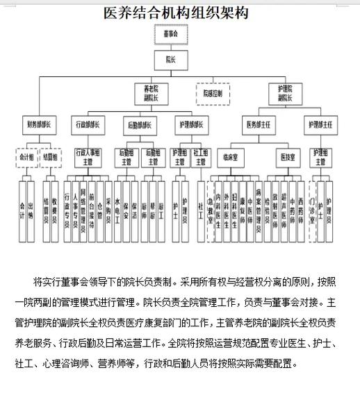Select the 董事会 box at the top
tap(170, 34)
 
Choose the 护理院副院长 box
tap(285, 93)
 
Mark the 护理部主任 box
tap(320, 126)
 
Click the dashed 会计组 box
tap(26, 158)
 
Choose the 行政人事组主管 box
tap(89, 158)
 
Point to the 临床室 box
tap(228, 158)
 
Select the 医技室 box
tap(288, 158)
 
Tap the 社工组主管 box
tap(201, 158)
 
